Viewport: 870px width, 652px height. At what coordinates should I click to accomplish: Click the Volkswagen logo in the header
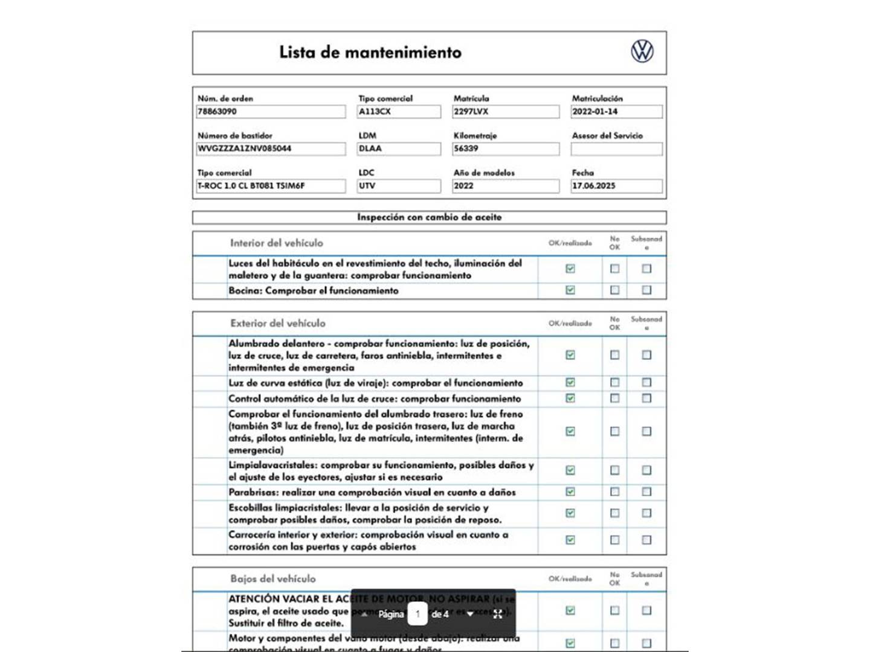(642, 51)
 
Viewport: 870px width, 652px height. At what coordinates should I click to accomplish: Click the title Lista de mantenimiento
(370, 53)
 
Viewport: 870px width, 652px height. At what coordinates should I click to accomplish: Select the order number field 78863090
(271, 112)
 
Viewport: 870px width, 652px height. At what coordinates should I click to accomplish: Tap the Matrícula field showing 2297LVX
(506, 112)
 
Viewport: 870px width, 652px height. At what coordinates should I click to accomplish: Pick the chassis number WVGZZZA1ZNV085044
(271, 149)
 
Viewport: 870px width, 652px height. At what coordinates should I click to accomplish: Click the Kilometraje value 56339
(506, 149)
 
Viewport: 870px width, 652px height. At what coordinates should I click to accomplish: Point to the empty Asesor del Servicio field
(616, 149)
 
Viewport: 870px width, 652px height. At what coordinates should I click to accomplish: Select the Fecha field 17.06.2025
(616, 186)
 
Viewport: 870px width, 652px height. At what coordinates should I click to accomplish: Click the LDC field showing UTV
(399, 186)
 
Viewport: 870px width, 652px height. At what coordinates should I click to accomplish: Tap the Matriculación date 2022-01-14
(616, 112)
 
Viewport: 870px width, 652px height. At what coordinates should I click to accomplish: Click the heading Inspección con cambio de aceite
(429, 217)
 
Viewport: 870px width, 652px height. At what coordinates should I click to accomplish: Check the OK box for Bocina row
(570, 290)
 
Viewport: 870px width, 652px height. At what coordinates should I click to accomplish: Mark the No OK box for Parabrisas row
(614, 492)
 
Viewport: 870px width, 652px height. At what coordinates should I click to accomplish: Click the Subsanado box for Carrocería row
(646, 540)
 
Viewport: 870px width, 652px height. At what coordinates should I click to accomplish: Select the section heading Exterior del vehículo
(277, 324)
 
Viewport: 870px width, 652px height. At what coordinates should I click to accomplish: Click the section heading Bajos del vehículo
(272, 579)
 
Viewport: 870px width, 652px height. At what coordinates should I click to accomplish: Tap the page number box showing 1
(417, 614)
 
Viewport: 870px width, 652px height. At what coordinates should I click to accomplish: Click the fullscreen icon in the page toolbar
(498, 614)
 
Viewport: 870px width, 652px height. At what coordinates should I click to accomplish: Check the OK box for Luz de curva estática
(570, 382)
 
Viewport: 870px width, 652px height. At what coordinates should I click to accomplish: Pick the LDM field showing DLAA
(399, 149)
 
